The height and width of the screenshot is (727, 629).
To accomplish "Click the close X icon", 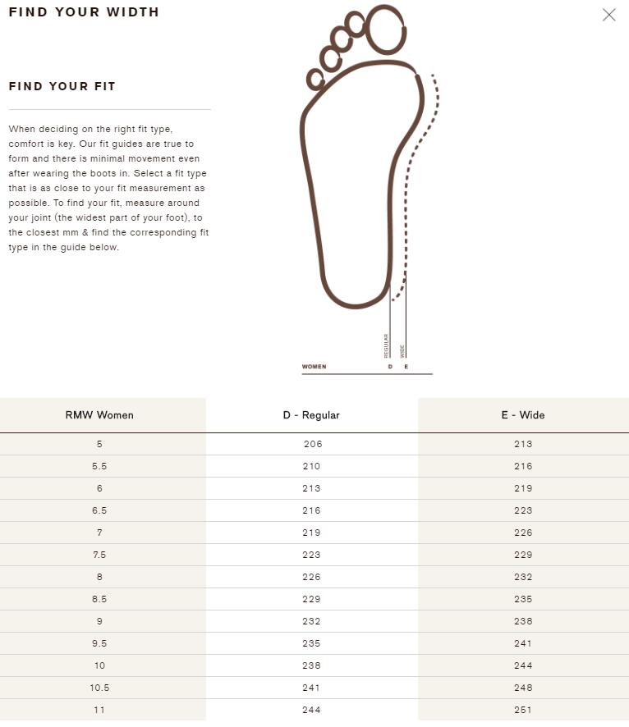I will coord(608,15).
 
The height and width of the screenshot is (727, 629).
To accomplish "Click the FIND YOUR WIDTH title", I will coord(84,12).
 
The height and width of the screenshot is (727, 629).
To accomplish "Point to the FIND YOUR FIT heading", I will coord(62,86).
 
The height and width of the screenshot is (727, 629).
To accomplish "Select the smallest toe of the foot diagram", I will coord(315,80).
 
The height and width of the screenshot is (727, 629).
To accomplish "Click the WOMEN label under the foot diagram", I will coord(314,367).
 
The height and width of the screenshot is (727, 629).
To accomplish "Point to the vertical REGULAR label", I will coord(386,345).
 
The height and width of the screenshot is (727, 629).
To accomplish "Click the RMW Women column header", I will coord(99,415).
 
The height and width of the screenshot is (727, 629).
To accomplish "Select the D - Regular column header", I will coord(311,415).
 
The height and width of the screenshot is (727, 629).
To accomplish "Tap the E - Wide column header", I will coord(523,415).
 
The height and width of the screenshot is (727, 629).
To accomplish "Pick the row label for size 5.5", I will coord(99,466).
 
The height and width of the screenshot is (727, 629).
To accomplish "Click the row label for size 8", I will coord(99,577).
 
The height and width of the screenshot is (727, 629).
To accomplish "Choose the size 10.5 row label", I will coord(99,688).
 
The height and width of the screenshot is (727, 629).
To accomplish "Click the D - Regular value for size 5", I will coord(313,444).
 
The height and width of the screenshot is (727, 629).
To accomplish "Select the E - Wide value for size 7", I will coord(523,533).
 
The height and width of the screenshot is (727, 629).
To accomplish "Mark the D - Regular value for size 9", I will coord(312,621).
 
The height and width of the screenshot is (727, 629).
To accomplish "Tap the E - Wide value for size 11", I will coord(523,710).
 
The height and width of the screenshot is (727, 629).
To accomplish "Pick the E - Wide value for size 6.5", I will coord(523,510).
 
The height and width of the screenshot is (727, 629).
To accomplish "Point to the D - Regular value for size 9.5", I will coord(312,643).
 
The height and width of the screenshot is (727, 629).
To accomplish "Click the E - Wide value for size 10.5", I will coord(523,688).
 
